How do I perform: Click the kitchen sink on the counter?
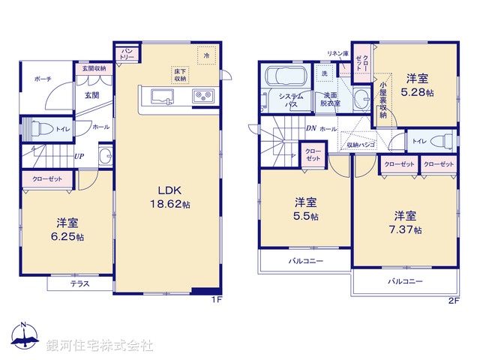click(x=161, y=95)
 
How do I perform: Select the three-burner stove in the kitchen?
click(x=202, y=95)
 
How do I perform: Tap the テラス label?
click(x=81, y=284)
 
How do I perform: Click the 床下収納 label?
click(x=180, y=74)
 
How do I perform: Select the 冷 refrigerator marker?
click(x=205, y=54)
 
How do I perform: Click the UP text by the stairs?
click(x=79, y=157)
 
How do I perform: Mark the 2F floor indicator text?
click(x=453, y=300)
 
